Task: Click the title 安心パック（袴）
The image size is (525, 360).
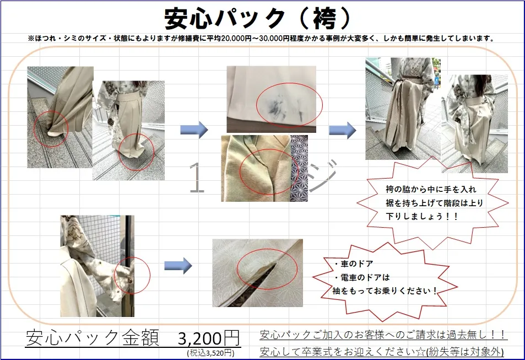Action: coord(257,19)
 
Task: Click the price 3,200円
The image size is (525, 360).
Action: coord(209,337)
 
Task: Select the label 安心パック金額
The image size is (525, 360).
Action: coord(91,337)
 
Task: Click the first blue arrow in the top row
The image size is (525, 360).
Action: coord(194,130)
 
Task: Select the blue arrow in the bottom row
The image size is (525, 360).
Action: coord(178,266)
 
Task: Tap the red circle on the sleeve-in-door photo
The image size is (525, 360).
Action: coord(132,273)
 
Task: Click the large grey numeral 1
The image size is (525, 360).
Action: coord(197,178)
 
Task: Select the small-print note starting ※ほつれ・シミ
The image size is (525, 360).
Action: coord(261,39)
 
